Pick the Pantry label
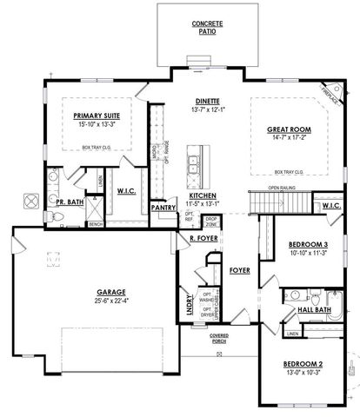(x=163, y=208)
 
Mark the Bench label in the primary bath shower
(x=95, y=224)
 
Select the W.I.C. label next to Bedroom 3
(x=330, y=206)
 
